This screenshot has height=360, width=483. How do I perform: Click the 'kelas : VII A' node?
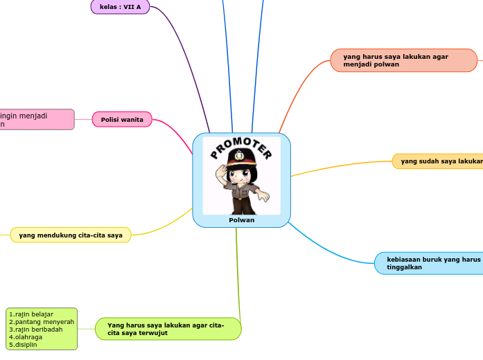point(120,7)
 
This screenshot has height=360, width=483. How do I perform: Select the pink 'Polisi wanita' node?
point(122,120)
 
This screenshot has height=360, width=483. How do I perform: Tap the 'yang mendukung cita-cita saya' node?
point(71,235)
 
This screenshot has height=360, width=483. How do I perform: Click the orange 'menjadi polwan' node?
point(403,60)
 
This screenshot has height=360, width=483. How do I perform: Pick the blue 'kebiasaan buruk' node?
point(430,263)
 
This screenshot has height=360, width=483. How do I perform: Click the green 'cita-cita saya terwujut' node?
point(168,329)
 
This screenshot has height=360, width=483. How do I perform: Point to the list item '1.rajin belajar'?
point(31,314)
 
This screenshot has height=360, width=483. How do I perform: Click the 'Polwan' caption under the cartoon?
point(241,220)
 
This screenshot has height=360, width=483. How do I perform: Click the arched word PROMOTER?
point(241,146)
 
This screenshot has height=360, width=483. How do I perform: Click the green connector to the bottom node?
point(238,277)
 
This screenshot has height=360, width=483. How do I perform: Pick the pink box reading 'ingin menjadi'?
point(35,120)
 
